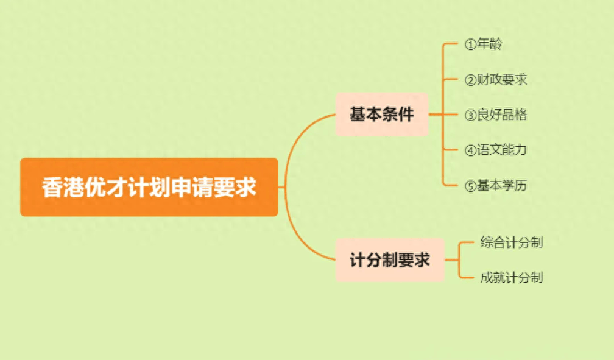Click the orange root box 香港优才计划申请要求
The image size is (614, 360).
[149, 187]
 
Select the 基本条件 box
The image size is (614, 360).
[382, 115]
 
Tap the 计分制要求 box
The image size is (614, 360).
[390, 259]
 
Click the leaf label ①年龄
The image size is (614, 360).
[483, 44]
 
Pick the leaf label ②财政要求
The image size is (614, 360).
[496, 80]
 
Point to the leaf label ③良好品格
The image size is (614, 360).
[496, 115]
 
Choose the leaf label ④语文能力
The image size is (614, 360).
[496, 150]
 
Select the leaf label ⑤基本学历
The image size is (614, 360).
[496, 185]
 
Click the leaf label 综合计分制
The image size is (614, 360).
[512, 242]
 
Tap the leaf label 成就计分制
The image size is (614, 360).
[512, 277]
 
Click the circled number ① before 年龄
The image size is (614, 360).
[470, 44]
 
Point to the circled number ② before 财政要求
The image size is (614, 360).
[470, 80]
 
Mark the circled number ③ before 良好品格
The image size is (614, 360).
[470, 116]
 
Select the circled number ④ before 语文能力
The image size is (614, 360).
[470, 150]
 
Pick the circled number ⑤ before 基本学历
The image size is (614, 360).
[470, 186]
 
